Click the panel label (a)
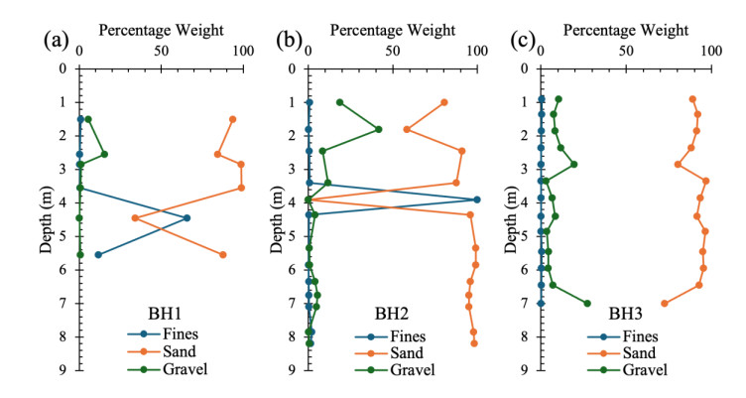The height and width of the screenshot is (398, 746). click(54, 42)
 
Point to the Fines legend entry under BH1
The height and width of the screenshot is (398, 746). click(184, 333)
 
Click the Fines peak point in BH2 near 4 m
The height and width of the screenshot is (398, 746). click(477, 199)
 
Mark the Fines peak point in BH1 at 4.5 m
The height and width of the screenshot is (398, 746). click(186, 218)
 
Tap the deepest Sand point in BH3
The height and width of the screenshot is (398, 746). click(664, 303)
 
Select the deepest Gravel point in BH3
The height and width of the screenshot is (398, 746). click(587, 303)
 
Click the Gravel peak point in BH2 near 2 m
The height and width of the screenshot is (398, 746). click(378, 129)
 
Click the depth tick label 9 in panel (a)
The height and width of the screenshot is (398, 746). click(62, 369)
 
